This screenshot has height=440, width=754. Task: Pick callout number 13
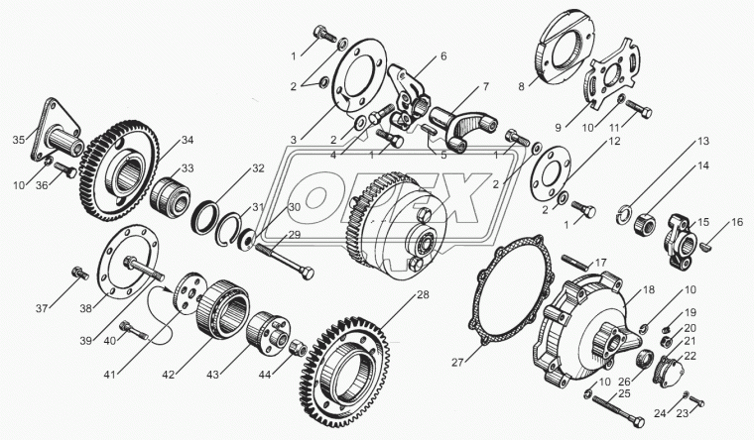(701, 142)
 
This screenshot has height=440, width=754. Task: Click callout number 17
(601, 263)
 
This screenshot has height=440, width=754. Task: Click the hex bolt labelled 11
(641, 111)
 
